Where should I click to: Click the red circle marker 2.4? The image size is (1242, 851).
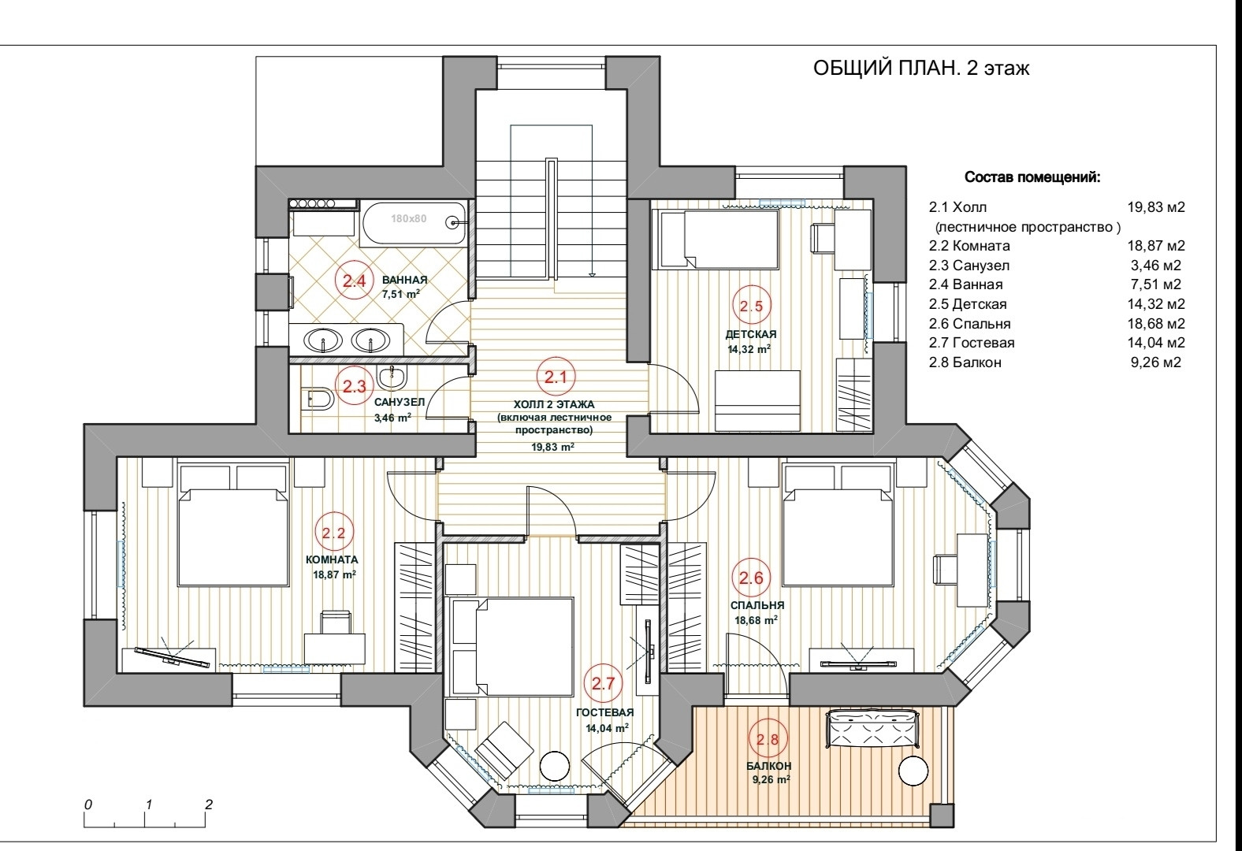point(353,281)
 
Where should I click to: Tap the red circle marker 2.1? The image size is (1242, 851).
point(556,377)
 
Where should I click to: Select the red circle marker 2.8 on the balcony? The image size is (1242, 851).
point(768,739)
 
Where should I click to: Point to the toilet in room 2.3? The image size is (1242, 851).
point(318,399)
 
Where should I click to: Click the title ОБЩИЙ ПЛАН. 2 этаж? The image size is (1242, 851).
point(921,69)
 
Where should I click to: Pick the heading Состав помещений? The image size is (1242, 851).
point(1032,178)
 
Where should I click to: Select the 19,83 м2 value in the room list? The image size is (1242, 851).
point(1156,208)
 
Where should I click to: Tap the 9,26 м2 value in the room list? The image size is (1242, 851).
point(1155,362)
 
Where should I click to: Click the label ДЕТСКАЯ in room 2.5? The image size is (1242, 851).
point(751,335)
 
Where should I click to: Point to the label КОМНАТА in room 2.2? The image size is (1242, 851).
point(332,559)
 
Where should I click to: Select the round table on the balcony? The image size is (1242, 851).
point(916,771)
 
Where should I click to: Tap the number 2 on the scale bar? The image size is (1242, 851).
point(208,805)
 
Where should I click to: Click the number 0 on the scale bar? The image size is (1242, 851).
point(88,805)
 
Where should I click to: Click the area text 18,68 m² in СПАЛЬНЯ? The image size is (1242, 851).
point(757,620)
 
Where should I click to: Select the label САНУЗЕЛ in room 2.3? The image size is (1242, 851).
point(400,403)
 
